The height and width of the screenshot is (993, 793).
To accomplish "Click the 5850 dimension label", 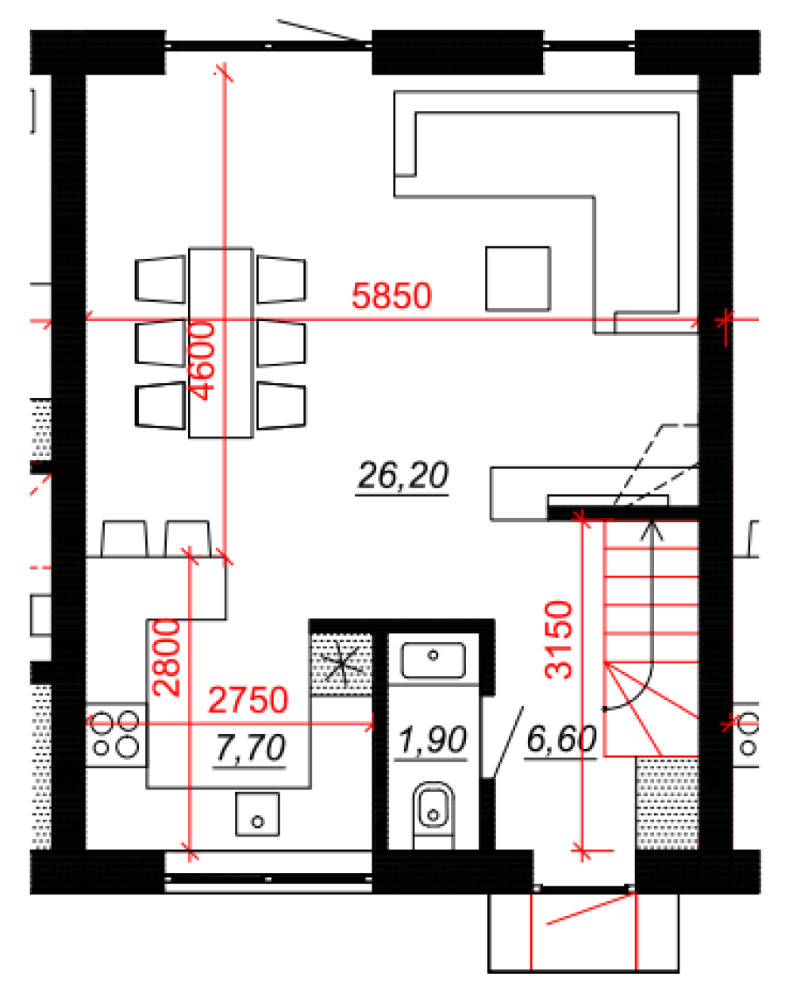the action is click(391, 296).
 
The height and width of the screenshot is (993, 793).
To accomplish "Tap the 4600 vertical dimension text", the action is click(203, 361).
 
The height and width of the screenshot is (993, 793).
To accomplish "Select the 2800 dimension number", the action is click(166, 658).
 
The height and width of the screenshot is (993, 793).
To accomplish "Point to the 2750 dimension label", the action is click(248, 700).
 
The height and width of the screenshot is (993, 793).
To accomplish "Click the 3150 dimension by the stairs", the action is click(558, 640).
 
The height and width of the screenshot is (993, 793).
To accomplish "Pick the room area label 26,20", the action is click(402, 476).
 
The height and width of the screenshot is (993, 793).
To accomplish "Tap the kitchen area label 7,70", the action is click(250, 748).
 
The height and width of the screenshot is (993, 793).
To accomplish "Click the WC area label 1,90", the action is click(432, 740).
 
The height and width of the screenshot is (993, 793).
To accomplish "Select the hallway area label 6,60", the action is click(561, 739).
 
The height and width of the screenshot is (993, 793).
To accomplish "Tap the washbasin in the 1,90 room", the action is click(433, 660).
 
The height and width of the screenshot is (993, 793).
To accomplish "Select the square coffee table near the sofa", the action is click(518, 279).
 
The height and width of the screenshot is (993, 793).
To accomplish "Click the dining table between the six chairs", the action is click(221, 343).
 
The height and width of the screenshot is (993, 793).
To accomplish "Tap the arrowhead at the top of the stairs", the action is click(652, 529).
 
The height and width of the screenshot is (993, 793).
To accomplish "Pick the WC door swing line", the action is click(508, 742).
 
